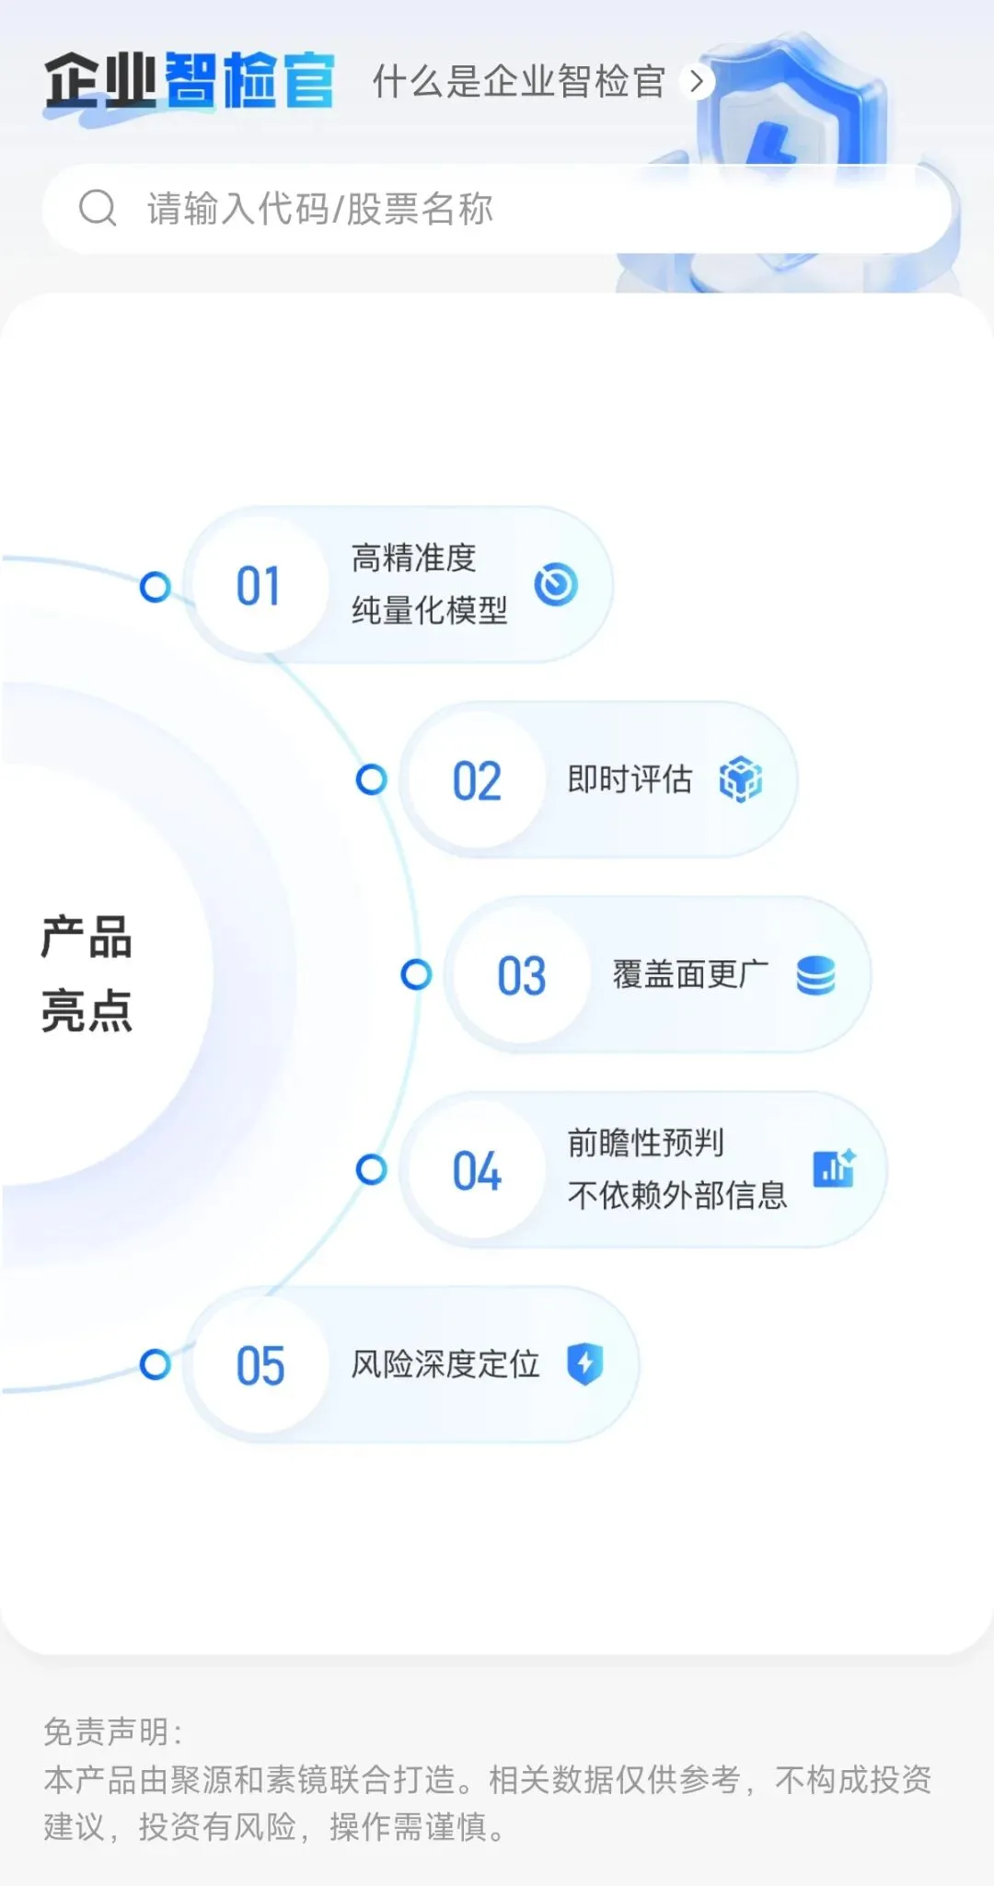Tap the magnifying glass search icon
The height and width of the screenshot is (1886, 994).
(x=98, y=208)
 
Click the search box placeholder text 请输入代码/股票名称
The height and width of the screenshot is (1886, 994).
(x=320, y=209)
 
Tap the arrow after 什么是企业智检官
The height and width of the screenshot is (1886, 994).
(x=697, y=82)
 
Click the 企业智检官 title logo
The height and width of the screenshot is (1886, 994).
(x=190, y=82)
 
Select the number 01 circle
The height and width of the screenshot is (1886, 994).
(x=259, y=586)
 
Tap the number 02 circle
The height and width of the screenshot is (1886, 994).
(x=477, y=781)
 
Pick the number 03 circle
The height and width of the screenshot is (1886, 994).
(x=522, y=975)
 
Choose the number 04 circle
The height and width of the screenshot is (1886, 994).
(x=477, y=1171)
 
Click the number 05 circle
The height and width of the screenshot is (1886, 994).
(x=260, y=1365)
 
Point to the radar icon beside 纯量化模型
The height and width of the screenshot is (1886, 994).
(x=556, y=584)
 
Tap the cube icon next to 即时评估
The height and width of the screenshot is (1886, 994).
(x=741, y=779)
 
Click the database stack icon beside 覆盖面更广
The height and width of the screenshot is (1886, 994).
(x=815, y=975)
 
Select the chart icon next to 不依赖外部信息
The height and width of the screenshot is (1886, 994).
(x=835, y=1168)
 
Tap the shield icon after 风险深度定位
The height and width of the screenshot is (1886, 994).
(x=584, y=1363)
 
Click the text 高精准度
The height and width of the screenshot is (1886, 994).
(x=413, y=558)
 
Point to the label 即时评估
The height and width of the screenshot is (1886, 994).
(x=630, y=779)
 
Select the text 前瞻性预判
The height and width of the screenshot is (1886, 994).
(x=645, y=1143)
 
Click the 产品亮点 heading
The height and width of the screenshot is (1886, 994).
(x=87, y=974)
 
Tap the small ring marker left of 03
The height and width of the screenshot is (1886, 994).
(x=416, y=974)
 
